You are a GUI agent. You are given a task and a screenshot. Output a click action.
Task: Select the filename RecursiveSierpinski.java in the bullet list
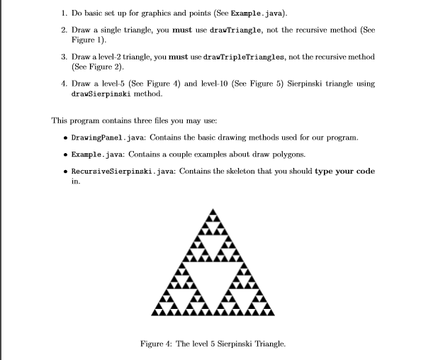pyautogui.click(x=118, y=171)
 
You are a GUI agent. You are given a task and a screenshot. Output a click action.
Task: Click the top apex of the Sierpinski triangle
pyautogui.click(x=212, y=208)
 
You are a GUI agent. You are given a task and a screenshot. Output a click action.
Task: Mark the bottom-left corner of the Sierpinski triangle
pyautogui.click(x=152, y=314)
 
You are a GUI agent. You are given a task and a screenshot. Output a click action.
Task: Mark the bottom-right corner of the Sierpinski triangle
pyautogui.click(x=273, y=314)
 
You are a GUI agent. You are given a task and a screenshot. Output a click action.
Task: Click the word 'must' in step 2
pyautogui.click(x=181, y=30)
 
